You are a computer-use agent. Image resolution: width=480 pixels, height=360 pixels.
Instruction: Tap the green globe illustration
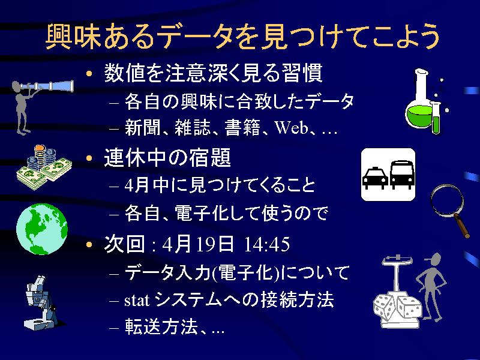[x=42, y=229]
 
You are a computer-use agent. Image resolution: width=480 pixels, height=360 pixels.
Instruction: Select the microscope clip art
[x=40, y=302]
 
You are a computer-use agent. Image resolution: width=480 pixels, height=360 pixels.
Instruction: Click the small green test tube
[x=436, y=118]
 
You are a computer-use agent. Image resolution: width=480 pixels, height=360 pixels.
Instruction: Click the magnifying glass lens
[x=446, y=200]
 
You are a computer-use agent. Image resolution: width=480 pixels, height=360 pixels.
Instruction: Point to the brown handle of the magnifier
[x=462, y=226]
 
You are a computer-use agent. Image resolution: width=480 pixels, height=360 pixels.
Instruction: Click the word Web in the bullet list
[x=291, y=127]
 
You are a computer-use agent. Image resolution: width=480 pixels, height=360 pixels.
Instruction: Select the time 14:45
[x=266, y=245]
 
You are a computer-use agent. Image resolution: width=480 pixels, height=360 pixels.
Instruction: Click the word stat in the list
[x=137, y=301]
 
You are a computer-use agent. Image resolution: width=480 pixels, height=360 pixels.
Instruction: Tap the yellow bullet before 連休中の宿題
[x=89, y=158]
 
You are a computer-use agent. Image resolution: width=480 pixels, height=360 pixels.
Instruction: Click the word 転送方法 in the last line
[x=161, y=327]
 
